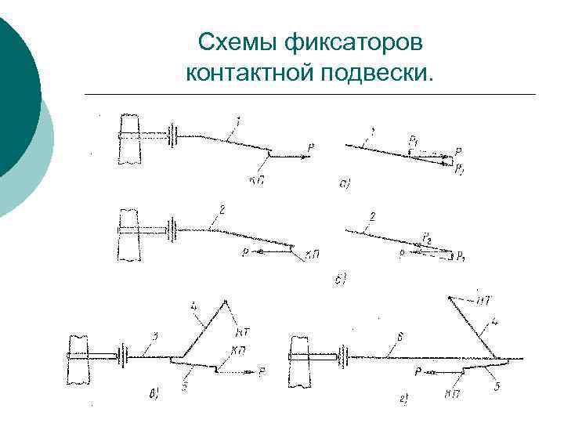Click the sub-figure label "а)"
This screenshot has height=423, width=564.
[344, 185]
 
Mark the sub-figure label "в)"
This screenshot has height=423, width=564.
[153, 394]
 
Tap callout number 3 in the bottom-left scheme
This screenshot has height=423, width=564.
[156, 337]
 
